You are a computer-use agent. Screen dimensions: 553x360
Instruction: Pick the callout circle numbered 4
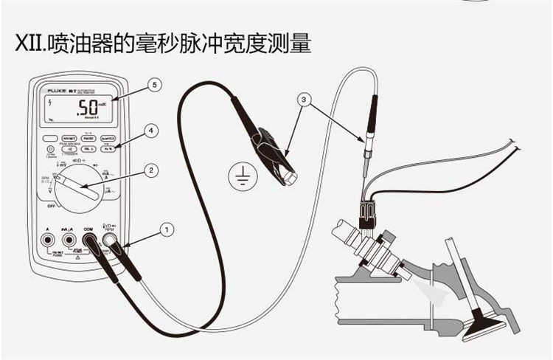(151, 131)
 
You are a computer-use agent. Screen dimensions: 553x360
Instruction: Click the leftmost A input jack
(49, 240)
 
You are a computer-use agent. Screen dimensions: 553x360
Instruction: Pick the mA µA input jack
(69, 240)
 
